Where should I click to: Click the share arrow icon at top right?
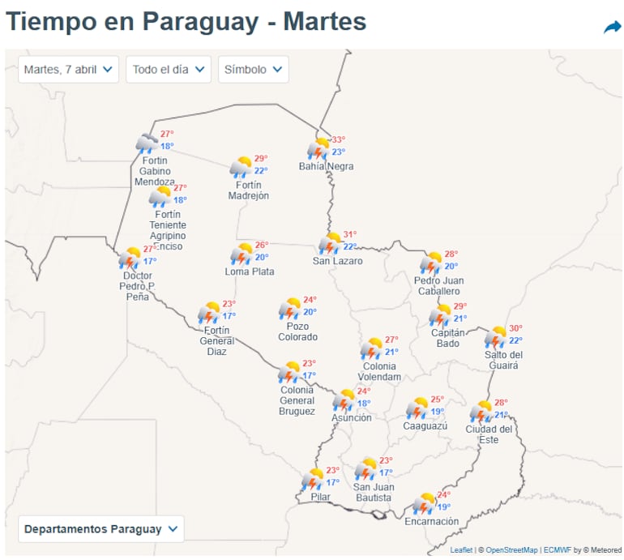(x=612, y=28)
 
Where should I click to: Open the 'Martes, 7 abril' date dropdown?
(x=69, y=70)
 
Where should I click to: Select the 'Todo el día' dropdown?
(x=168, y=70)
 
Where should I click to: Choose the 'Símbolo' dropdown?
(x=253, y=70)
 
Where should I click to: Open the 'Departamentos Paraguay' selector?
(x=100, y=529)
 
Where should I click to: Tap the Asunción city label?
(x=351, y=418)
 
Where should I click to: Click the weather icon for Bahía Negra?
(x=318, y=149)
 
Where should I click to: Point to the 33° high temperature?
(x=338, y=139)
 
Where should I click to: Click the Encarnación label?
(x=431, y=522)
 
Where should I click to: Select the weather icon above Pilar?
(x=314, y=480)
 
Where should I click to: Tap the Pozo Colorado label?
(x=297, y=331)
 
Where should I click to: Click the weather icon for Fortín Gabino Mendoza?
(x=147, y=144)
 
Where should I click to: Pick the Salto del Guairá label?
(x=503, y=360)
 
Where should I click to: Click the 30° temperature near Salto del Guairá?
(x=515, y=329)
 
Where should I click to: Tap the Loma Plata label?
(x=249, y=272)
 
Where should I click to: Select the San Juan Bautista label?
(x=373, y=492)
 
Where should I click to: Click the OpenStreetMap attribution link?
(x=508, y=550)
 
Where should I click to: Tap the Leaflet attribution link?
(x=461, y=550)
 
